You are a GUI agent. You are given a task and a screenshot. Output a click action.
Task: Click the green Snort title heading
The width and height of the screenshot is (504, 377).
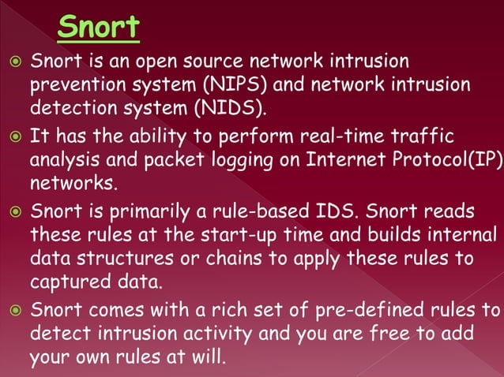coord(99,28)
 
